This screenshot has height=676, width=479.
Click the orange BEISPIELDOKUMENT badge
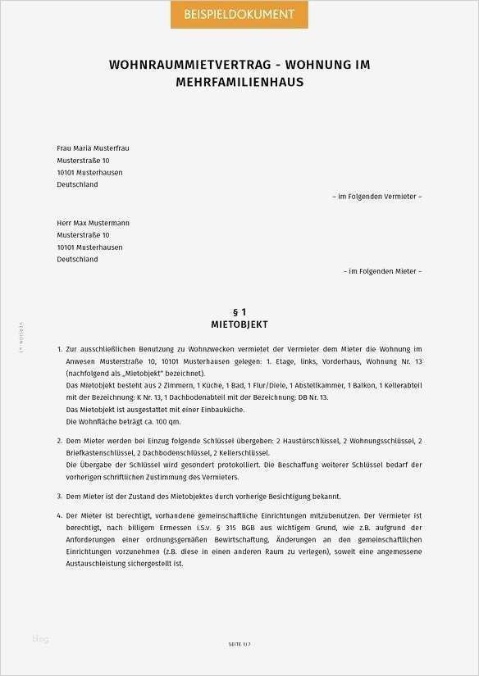pos(239,15)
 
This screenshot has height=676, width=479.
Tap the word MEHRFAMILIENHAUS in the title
pos(239,83)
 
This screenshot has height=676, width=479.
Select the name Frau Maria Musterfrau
pos(93,148)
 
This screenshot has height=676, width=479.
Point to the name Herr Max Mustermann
pos(93,223)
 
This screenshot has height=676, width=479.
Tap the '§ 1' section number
pos(239,312)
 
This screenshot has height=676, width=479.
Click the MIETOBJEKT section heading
pos(239,325)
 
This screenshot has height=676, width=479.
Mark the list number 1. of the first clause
pos(60,349)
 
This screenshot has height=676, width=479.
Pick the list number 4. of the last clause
pos(60,516)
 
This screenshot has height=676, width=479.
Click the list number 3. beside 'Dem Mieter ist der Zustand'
pos(60,497)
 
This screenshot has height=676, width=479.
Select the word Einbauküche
pos(203,409)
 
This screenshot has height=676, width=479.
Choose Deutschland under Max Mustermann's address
pos(77,259)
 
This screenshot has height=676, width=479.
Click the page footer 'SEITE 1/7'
pos(239,645)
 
